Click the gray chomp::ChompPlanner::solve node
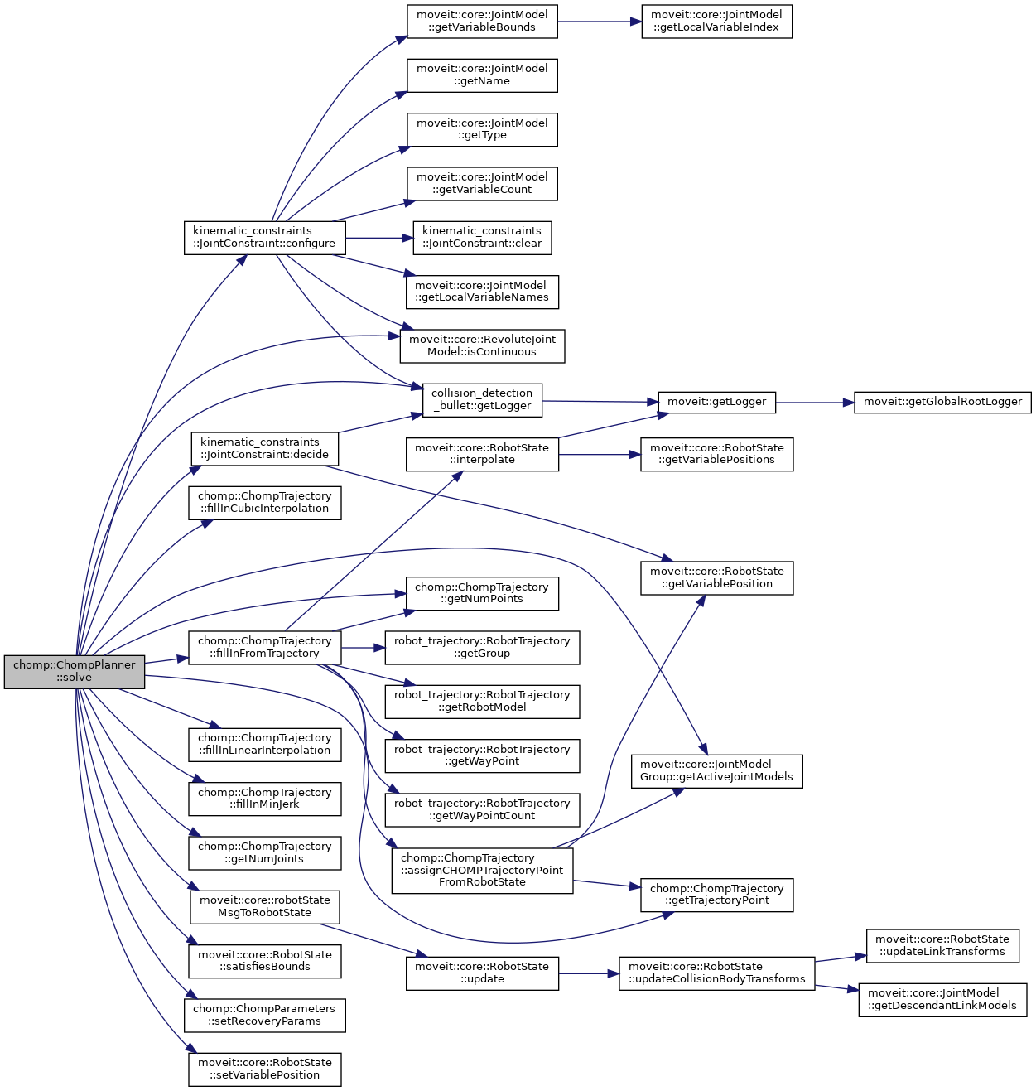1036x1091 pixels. click(75, 671)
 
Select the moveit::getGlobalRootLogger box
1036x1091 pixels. click(943, 402)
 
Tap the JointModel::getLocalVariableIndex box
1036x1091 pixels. click(716, 21)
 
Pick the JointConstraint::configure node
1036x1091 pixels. click(264, 238)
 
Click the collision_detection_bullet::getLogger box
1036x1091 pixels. click(482, 400)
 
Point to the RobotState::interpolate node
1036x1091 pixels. click(482, 454)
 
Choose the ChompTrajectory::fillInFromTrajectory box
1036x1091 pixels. click(264, 647)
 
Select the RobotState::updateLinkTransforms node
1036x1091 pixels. click(942, 945)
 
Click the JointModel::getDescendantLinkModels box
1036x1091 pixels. click(942, 999)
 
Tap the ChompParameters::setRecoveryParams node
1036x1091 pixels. click(264, 1015)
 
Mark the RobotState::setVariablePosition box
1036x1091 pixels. click(264, 1069)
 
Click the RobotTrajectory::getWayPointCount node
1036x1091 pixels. click(482, 809)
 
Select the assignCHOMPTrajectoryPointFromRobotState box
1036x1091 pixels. click(482, 870)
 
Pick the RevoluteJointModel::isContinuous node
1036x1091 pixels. click(482, 345)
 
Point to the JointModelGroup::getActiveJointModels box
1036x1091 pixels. click(716, 770)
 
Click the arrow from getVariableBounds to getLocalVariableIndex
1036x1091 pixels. click(599, 21)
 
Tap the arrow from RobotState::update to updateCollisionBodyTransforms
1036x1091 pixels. click(588, 973)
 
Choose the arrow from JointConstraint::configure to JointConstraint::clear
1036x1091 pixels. click(378, 239)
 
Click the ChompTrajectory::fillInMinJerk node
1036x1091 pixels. click(264, 799)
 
